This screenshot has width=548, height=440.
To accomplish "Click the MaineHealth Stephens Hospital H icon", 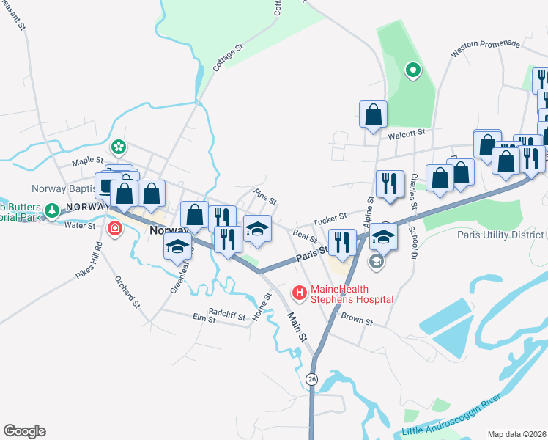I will pos(300,293).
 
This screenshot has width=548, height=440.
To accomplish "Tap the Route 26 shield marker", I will pos(313,378).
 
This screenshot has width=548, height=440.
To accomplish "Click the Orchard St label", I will pos(127,290).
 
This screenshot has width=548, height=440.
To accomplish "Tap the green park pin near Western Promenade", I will pos(413,71).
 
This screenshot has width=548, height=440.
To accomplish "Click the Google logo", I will pos(23,431).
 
